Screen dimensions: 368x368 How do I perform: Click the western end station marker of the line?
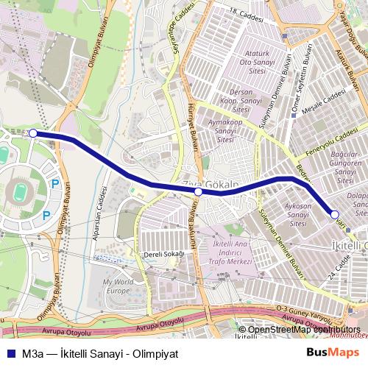click(x=33, y=133)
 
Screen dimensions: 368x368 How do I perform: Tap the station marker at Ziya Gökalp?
click(x=198, y=191)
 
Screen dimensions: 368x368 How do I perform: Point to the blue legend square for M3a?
click(x=9, y=353)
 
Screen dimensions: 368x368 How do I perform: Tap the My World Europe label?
click(x=117, y=286)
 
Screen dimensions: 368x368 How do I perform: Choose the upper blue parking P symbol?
click(x=54, y=184)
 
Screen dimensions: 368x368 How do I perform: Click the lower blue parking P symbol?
click(x=46, y=216)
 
